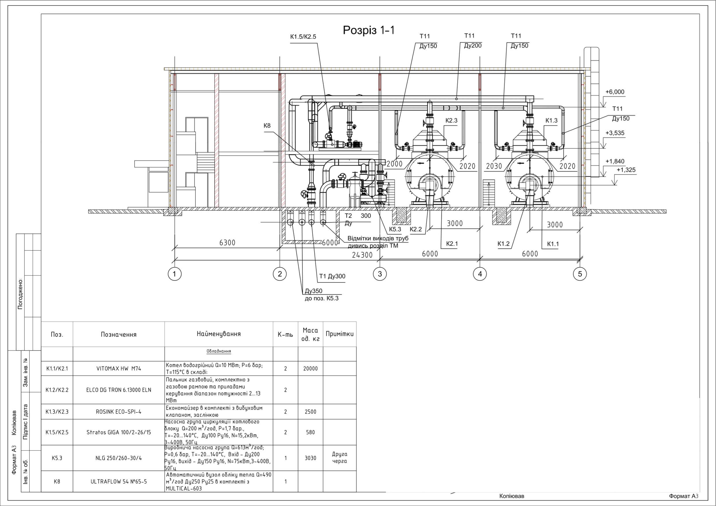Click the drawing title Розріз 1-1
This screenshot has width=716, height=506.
(x=369, y=30)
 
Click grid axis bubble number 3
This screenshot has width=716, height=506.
(x=380, y=274)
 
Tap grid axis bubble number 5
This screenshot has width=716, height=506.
(x=580, y=274)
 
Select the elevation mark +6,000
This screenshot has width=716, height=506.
(x=615, y=92)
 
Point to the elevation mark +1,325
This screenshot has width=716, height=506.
(x=626, y=170)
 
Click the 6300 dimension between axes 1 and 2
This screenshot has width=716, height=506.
(x=227, y=243)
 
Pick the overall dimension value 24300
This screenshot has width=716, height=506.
(x=362, y=255)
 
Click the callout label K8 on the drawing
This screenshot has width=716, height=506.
(x=267, y=126)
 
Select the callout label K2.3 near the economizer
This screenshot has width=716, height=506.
(x=451, y=120)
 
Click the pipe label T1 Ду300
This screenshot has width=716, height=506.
(x=332, y=276)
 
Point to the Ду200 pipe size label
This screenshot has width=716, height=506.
(x=473, y=46)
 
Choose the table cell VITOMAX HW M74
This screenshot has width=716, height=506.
(x=119, y=368)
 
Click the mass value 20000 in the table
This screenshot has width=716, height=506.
(x=310, y=368)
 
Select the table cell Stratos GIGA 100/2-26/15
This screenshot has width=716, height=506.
(x=119, y=432)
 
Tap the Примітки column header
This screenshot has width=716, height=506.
(x=340, y=334)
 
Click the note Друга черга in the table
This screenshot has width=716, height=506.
(x=340, y=458)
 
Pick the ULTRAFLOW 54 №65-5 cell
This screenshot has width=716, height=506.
(x=119, y=481)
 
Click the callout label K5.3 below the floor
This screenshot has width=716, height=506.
(x=395, y=229)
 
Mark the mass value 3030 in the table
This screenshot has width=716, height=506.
(x=310, y=458)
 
